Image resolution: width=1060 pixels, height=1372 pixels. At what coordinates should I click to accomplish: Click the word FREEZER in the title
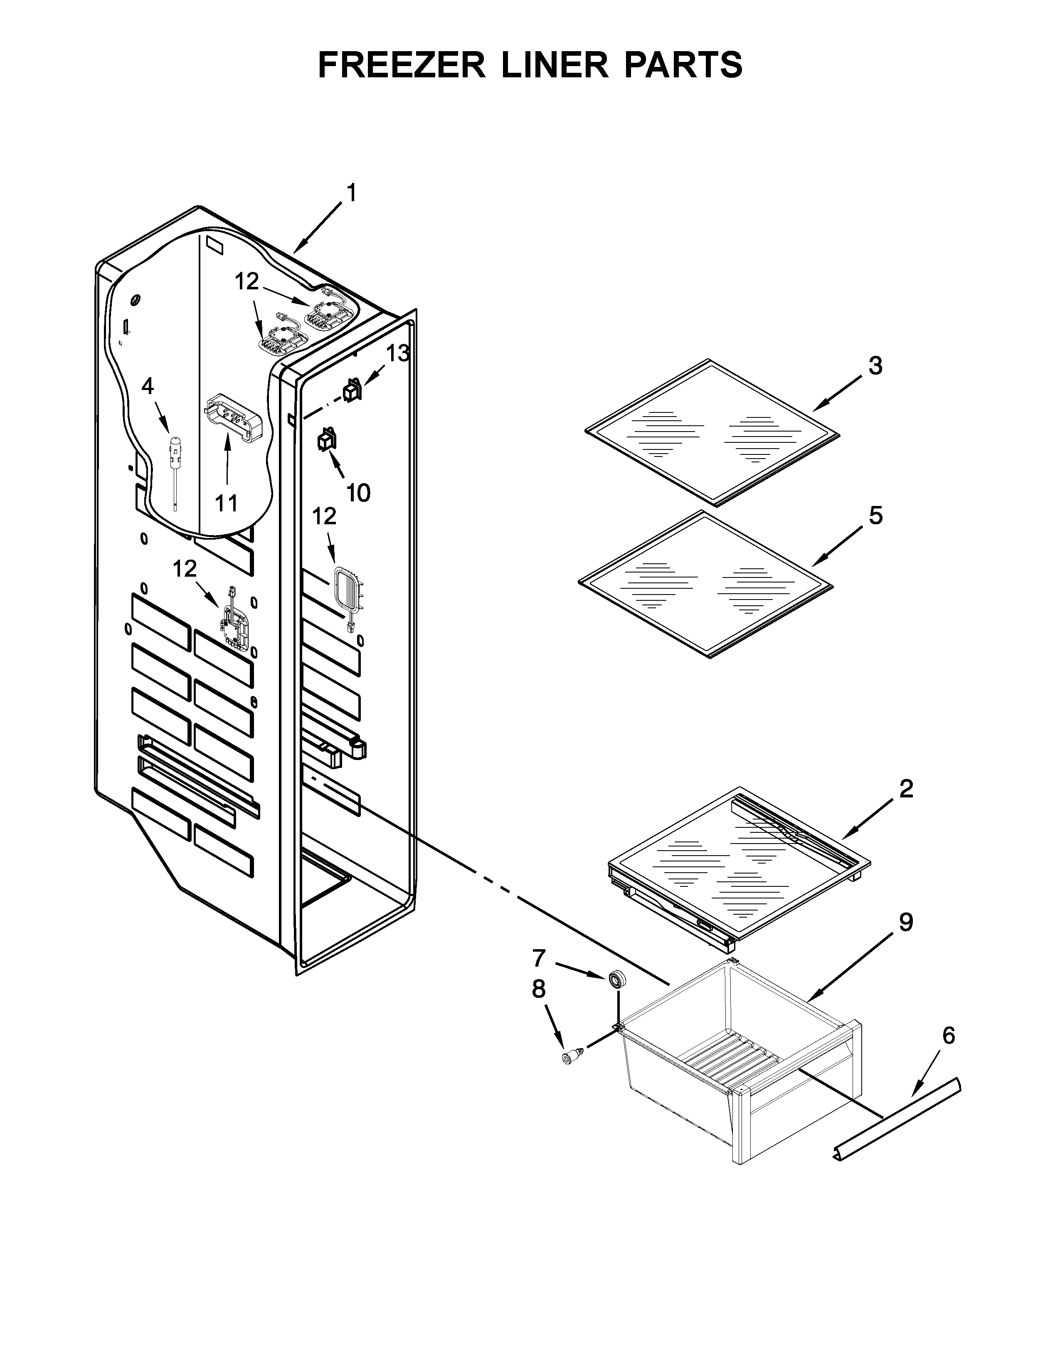click(402, 65)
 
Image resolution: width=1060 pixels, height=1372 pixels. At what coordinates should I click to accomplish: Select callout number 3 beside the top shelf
click(875, 365)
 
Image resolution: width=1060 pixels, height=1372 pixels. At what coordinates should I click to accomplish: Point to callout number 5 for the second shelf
click(875, 516)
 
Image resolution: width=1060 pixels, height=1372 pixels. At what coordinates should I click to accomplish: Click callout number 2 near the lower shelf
click(905, 789)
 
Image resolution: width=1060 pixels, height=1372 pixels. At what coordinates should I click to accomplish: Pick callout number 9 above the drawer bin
click(905, 922)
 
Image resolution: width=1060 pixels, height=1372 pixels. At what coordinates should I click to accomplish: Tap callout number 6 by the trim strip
click(948, 1035)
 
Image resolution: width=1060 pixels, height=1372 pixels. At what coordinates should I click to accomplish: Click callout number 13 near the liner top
click(397, 354)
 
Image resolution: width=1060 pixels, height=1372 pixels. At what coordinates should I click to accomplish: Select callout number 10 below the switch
click(358, 493)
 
